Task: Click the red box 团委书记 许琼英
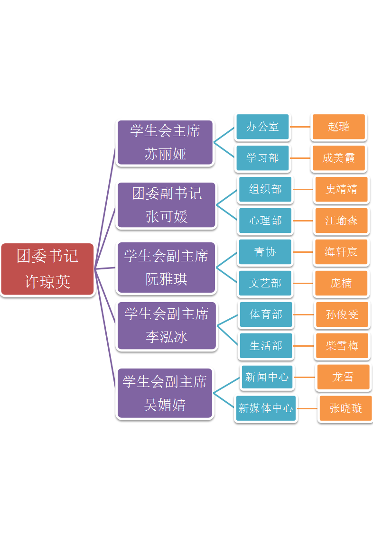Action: point(47,269)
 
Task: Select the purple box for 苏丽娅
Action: point(165,142)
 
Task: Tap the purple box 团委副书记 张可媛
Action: point(167,205)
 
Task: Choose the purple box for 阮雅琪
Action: point(166,267)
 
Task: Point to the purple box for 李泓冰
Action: point(167,325)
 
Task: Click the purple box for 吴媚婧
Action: point(165,393)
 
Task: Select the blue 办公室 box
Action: point(262,127)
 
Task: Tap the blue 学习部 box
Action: point(262,158)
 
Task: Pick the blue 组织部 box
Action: point(265,189)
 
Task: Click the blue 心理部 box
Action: point(265,221)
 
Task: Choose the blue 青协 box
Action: point(265,252)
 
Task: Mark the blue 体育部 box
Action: point(266,314)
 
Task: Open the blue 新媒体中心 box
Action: point(266,408)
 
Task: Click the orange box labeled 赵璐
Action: point(339,127)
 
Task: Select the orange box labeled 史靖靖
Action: point(341,189)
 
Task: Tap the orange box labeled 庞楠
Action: point(341,283)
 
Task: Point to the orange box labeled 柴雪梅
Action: point(342,346)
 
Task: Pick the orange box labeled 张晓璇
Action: point(345,408)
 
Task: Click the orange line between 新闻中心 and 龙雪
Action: point(305,378)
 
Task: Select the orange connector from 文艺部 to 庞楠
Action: point(303,283)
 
